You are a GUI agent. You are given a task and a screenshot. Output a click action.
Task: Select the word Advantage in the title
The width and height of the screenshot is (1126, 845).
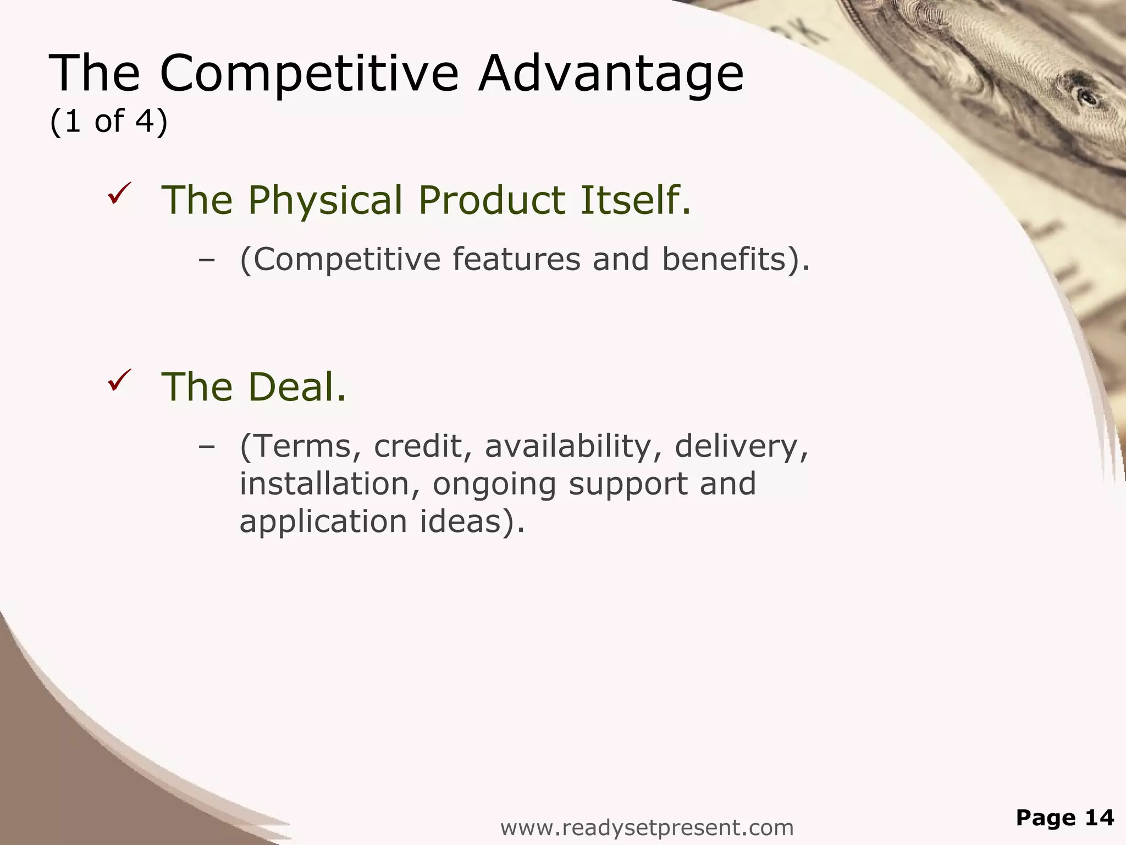click(610, 74)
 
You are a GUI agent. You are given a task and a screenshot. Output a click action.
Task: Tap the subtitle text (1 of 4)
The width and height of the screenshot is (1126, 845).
click(108, 121)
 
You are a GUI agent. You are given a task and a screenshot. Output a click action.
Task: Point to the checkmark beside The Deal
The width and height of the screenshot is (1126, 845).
click(119, 381)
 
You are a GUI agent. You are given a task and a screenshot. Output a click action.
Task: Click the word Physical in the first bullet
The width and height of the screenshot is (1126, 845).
click(325, 200)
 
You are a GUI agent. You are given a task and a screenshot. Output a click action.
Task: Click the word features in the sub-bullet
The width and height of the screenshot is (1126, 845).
click(516, 259)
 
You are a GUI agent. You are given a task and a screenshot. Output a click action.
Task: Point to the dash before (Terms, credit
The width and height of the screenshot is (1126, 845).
click(206, 447)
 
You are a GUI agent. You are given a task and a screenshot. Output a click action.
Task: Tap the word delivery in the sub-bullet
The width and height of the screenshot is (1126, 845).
click(741, 447)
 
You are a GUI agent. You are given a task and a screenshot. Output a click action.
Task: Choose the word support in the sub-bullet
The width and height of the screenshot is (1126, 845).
click(627, 485)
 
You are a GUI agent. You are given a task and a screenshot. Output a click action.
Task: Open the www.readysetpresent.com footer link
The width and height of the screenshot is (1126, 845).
click(647, 827)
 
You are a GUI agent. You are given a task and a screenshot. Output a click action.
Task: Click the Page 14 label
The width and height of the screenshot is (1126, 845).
click(1064, 817)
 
